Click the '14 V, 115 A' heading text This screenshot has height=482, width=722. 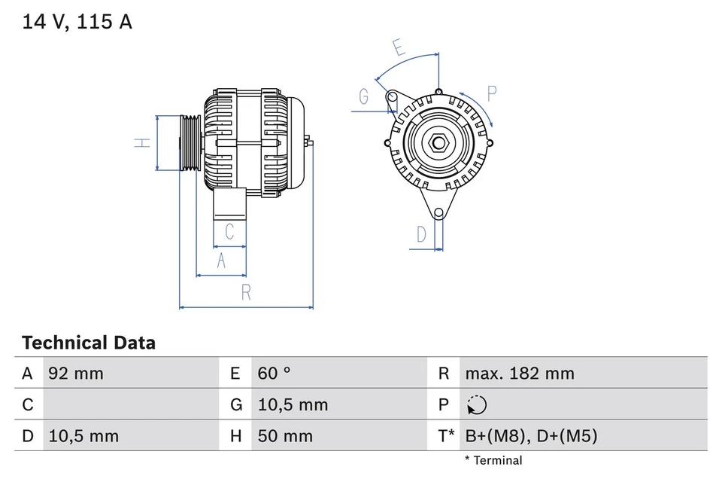[77, 22]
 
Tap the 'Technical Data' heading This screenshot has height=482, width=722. [89, 343]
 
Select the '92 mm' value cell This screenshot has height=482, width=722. [76, 374]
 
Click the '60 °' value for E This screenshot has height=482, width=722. [274, 374]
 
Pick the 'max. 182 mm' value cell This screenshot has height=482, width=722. [519, 374]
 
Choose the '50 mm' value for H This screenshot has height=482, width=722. [285, 436]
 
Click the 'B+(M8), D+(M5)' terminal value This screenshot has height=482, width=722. [531, 436]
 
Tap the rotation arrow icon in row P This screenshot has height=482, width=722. [476, 405]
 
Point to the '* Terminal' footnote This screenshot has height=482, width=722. [493, 460]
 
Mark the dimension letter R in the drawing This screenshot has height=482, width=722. [246, 294]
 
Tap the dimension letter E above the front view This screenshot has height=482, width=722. [399, 48]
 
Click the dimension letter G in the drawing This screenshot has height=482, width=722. [364, 96]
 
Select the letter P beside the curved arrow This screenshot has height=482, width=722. [492, 93]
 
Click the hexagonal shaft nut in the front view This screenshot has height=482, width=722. [438, 142]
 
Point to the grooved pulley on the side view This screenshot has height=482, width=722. [190, 143]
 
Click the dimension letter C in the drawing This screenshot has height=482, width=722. [230, 231]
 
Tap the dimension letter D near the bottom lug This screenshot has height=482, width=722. [422, 234]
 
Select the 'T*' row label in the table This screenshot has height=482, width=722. [445, 436]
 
